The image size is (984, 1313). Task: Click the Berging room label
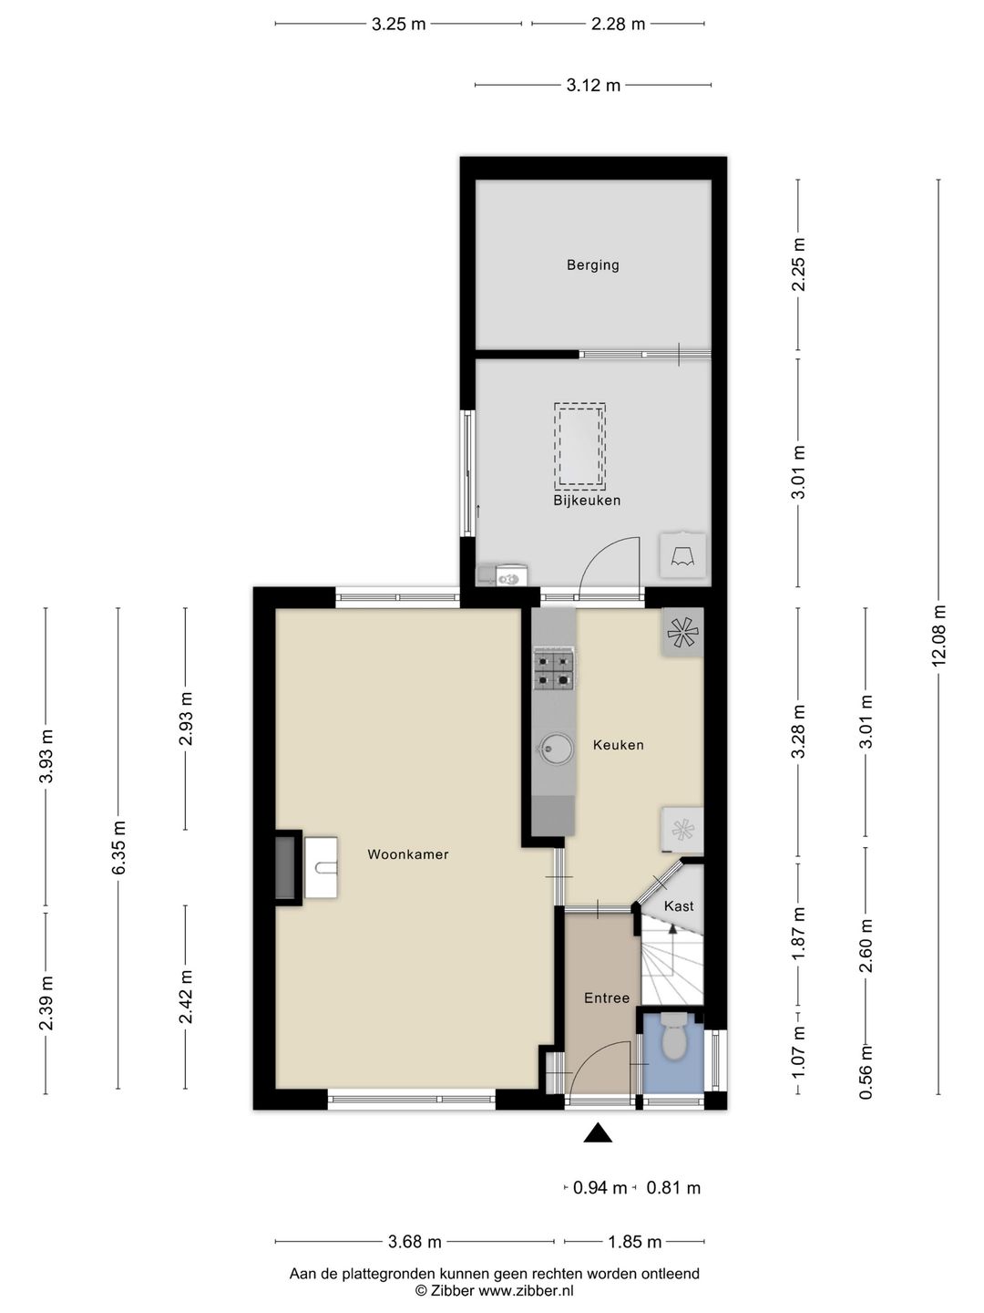tap(592, 265)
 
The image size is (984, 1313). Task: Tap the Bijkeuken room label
tap(587, 501)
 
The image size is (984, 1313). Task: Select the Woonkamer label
tap(407, 854)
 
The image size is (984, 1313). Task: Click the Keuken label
tap(618, 745)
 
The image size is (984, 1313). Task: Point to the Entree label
tap(607, 998)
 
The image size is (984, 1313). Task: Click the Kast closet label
tap(679, 906)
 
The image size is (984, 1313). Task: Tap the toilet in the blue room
tap(673, 1039)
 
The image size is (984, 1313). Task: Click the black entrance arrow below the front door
tap(598, 1132)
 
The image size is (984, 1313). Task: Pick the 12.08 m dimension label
tap(939, 636)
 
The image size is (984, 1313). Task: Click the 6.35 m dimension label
tap(118, 848)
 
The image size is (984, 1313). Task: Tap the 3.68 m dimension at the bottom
tap(415, 1242)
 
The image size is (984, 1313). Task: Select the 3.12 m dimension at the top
tap(593, 86)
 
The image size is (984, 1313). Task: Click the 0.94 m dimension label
tap(600, 1188)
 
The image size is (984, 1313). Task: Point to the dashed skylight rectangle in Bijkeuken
tap(579, 446)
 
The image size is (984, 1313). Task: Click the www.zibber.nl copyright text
tap(495, 1291)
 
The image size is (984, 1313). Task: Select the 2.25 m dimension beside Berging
tap(799, 264)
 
